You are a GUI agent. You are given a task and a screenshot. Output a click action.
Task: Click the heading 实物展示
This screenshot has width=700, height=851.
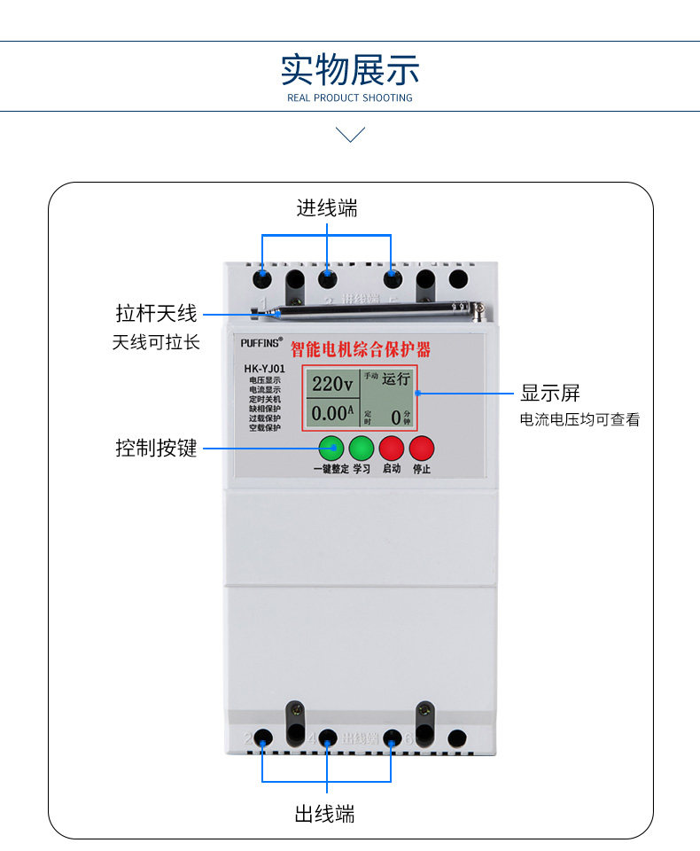(350, 69)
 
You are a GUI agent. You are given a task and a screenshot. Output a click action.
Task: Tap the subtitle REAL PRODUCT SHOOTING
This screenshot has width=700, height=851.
(350, 98)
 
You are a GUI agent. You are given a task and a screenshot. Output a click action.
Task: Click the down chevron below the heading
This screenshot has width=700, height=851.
(351, 135)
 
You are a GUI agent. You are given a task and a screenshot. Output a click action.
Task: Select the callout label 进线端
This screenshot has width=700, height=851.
(327, 208)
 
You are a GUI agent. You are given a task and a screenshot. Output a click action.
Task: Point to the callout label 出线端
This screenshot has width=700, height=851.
(325, 814)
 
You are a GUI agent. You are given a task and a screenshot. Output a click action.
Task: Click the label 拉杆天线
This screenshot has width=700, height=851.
(155, 313)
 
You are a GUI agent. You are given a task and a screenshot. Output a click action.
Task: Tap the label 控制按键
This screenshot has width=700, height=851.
(156, 448)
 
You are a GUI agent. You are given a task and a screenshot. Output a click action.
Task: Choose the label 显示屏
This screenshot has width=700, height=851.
(549, 393)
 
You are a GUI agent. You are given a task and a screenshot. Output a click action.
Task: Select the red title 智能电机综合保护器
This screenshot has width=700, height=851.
(361, 348)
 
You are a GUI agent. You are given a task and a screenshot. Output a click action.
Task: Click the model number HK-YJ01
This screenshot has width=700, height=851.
(264, 369)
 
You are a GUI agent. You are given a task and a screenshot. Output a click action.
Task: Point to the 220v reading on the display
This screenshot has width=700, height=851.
(332, 384)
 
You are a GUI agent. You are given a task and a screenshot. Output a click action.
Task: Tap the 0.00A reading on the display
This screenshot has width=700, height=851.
(332, 413)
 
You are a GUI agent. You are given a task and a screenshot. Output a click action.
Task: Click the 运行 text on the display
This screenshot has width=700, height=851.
(396, 379)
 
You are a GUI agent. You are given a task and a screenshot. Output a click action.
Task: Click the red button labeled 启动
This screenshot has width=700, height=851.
(391, 448)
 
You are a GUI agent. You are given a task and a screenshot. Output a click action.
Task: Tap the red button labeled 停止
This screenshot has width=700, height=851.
(422, 448)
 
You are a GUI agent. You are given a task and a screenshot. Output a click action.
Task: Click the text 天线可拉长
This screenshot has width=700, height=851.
(156, 342)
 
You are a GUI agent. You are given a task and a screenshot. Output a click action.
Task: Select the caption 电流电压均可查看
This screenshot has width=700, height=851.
(579, 420)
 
